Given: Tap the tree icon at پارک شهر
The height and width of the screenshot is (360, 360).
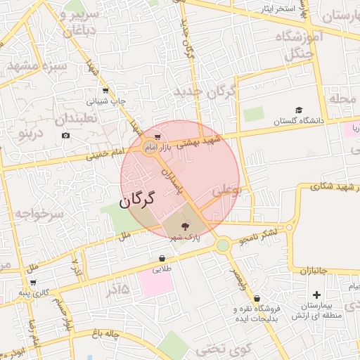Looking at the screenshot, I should pos(185,226).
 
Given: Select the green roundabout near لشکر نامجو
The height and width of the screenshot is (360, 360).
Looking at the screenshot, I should pos(223,245).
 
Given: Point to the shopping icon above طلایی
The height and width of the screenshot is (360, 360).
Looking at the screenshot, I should pos(162,258).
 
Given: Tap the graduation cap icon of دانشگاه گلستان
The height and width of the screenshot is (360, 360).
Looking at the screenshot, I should pos(299,110).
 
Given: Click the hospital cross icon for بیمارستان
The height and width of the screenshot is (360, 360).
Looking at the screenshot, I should pos(316,295).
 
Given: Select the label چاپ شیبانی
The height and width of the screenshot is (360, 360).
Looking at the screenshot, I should pos(107,101).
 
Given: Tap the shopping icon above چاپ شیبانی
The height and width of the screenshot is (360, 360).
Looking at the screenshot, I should pos(105,91).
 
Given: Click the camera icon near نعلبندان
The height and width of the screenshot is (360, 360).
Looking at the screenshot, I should pos(65,135).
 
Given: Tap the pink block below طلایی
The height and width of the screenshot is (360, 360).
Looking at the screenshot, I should pos(155,283).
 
